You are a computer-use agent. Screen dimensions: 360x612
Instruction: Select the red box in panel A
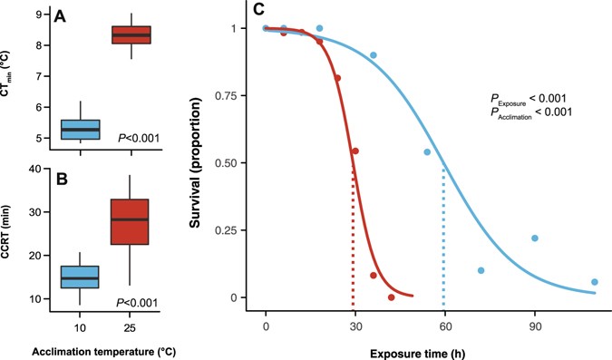[x=131, y=34]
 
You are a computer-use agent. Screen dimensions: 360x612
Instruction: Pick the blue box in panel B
[x=80, y=277]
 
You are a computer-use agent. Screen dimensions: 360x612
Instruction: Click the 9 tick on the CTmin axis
[x=37, y=15]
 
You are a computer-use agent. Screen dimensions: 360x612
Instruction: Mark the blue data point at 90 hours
[x=535, y=238]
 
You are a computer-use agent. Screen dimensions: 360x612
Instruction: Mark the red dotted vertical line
[x=353, y=236]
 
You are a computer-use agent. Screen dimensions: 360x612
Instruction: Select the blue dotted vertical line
[x=443, y=236]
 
